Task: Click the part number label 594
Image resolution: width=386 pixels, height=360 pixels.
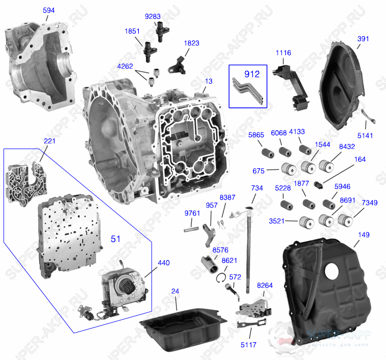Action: (x=49, y=10)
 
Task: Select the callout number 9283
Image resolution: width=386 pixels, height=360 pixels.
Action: (x=153, y=16)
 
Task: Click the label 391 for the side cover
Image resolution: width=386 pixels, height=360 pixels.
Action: (x=364, y=38)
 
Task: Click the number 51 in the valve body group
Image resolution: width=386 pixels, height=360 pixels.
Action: (x=116, y=238)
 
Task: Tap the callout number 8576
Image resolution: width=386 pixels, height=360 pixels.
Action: (x=220, y=250)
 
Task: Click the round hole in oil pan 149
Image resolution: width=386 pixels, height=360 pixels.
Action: (x=332, y=272)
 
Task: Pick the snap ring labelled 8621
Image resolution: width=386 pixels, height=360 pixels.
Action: (x=221, y=277)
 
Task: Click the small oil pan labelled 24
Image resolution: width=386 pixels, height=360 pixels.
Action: (x=183, y=328)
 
